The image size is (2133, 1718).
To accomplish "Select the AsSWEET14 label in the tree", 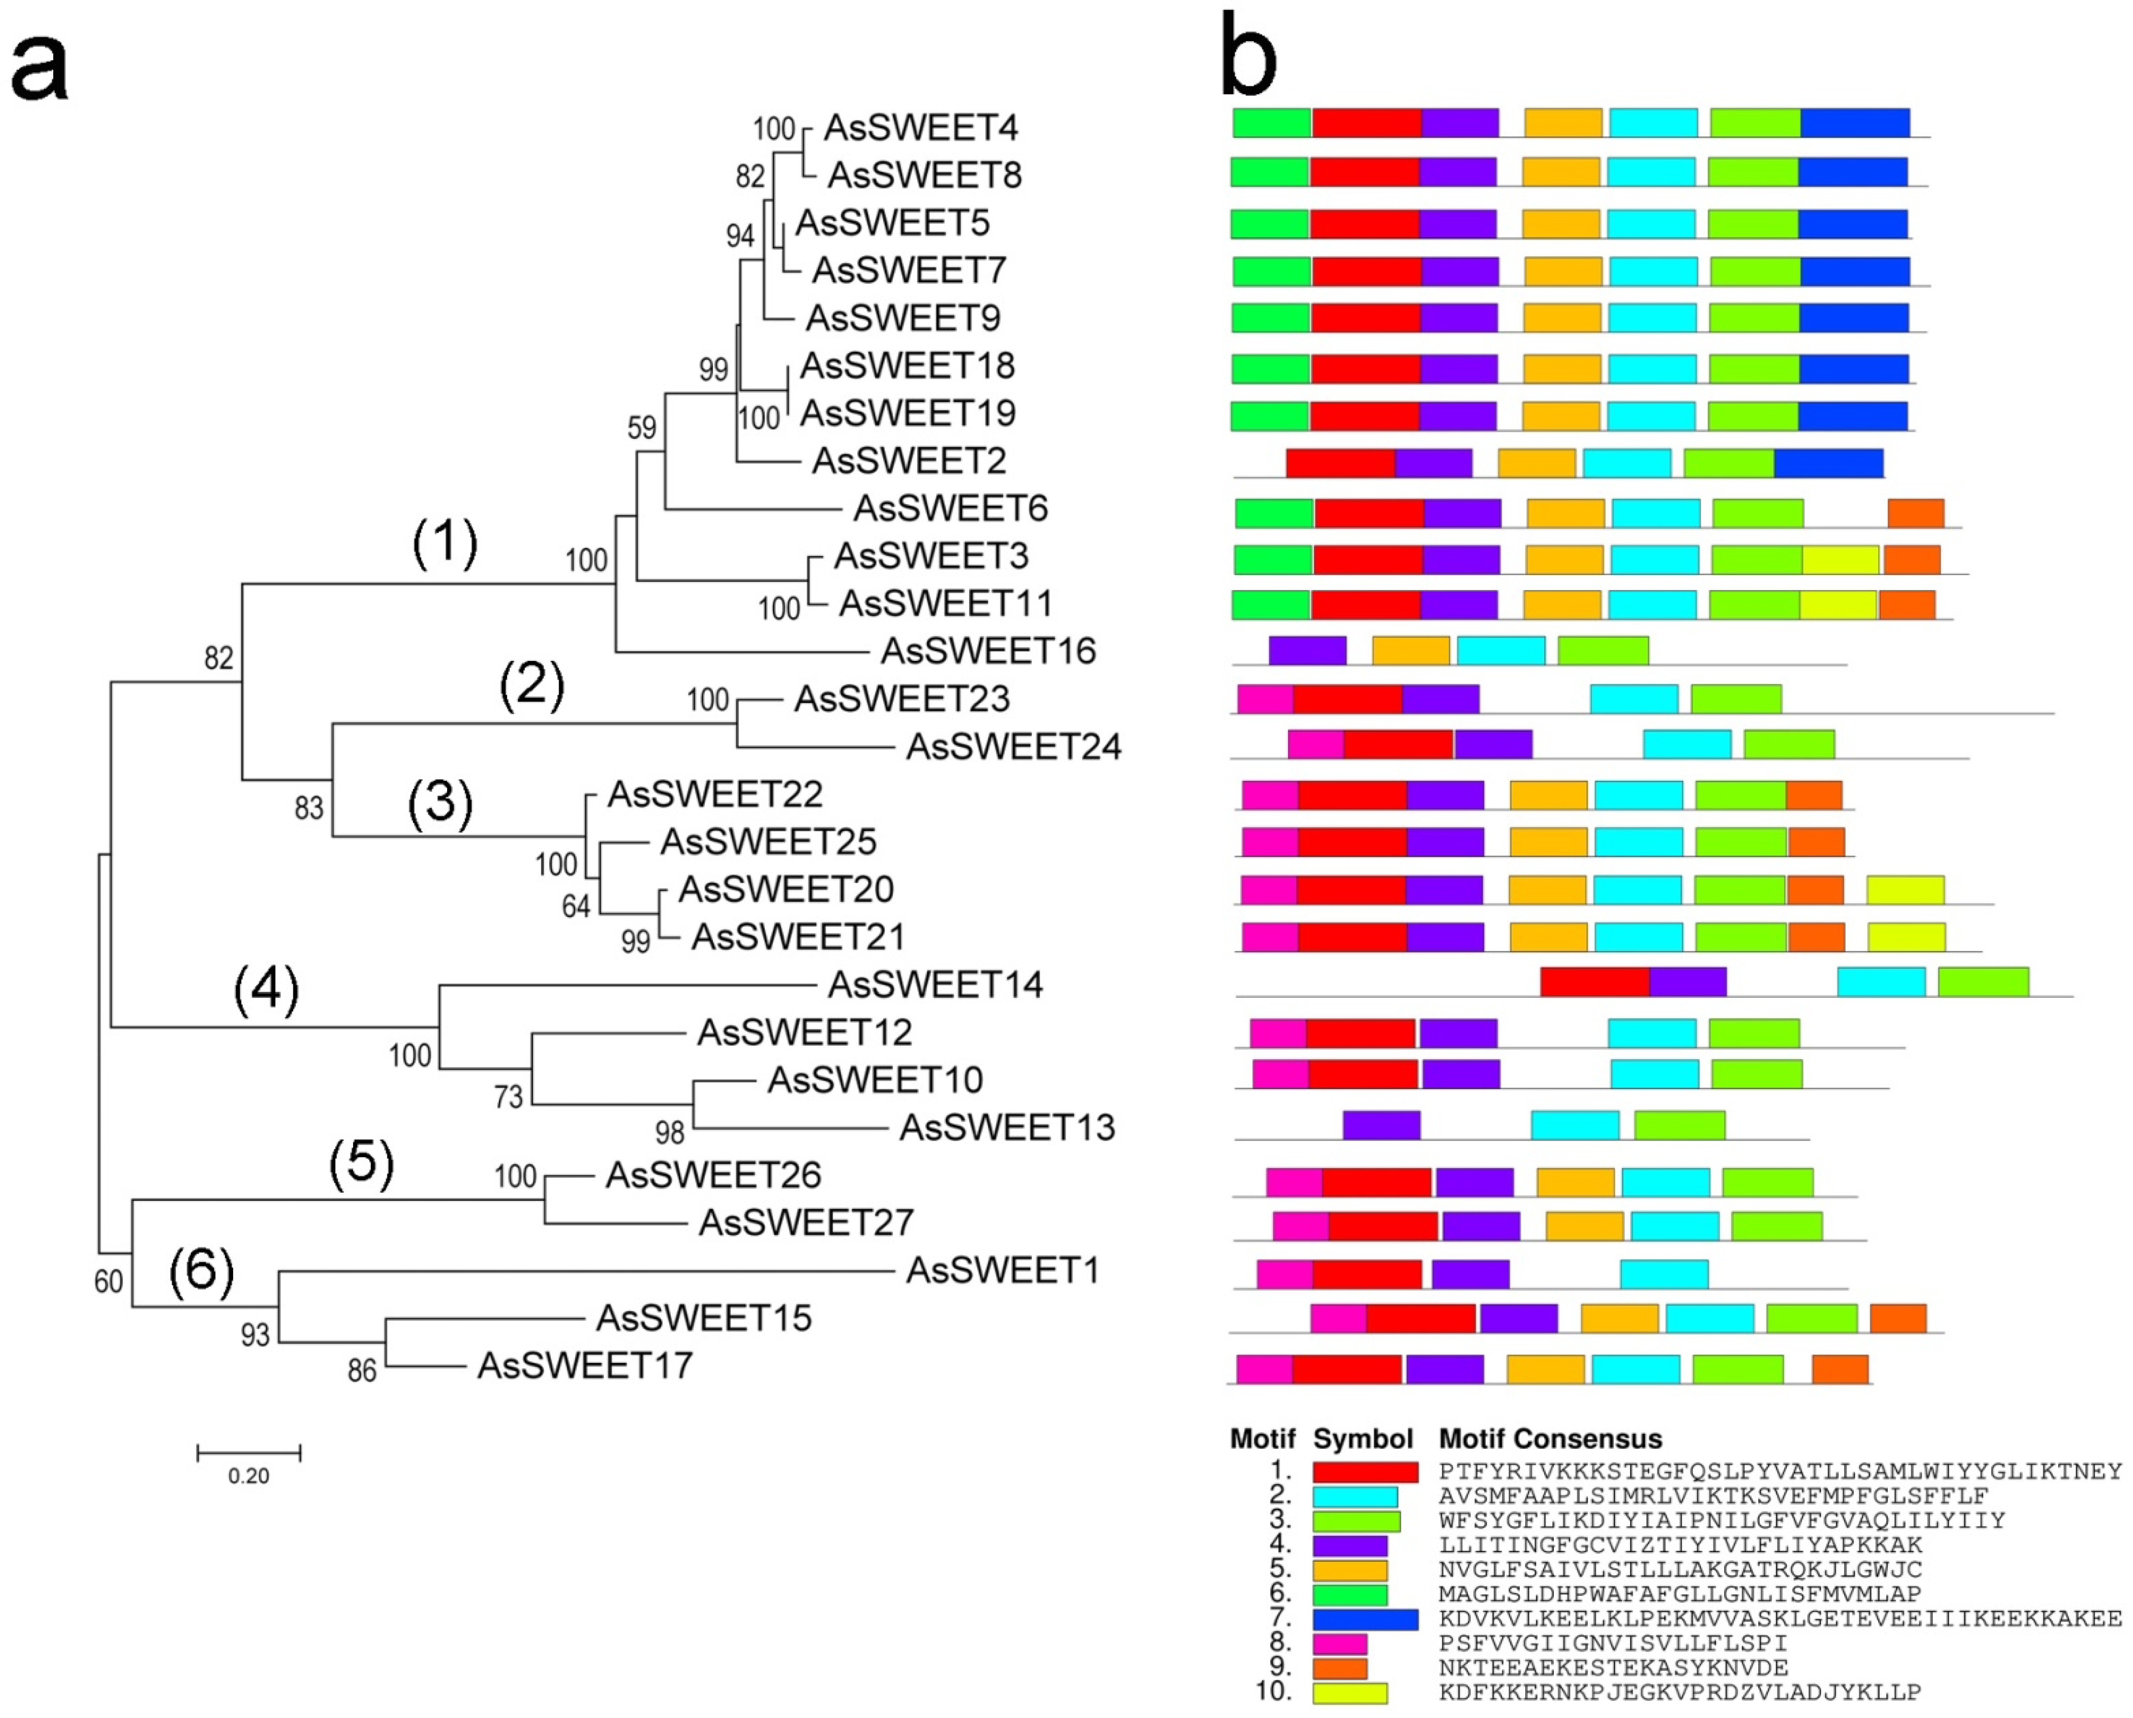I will (x=935, y=985).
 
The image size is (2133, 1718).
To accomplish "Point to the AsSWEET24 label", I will (x=1014, y=746).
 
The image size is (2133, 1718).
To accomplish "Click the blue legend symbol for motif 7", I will (x=1365, y=1619).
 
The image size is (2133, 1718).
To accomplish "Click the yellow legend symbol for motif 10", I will (x=1350, y=1693).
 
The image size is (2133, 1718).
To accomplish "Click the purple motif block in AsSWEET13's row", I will (x=1381, y=1125).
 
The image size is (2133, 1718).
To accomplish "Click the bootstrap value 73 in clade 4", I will (x=508, y=1096).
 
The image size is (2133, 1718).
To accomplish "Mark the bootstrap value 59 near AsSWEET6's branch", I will (x=642, y=427).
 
